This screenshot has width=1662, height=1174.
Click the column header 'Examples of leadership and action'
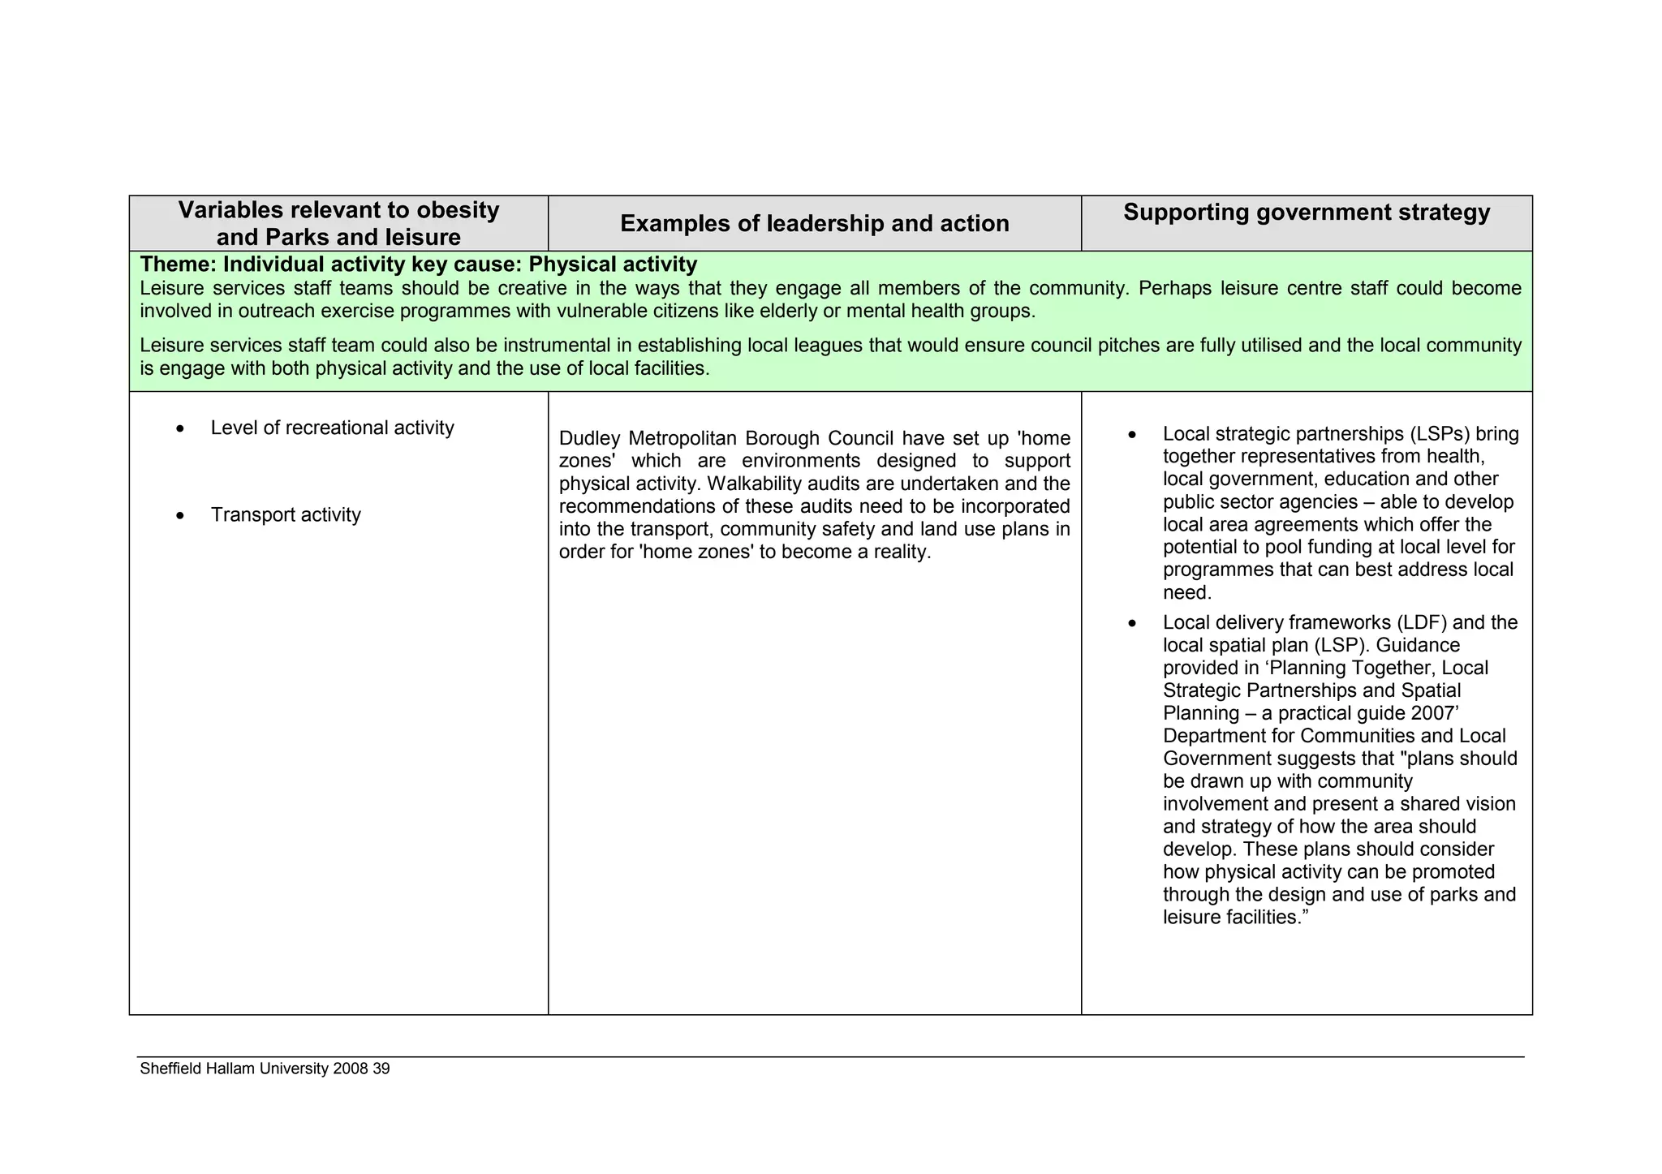pyautogui.click(x=814, y=224)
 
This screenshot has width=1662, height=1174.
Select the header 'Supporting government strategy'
pyautogui.click(x=1307, y=213)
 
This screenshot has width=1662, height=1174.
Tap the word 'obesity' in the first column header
pyautogui.click(x=458, y=210)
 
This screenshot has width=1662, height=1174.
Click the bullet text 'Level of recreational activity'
pyautogui.click(x=332, y=428)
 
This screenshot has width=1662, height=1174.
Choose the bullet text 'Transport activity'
pyautogui.click(x=286, y=514)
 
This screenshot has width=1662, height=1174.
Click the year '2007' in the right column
pyautogui.click(x=1432, y=713)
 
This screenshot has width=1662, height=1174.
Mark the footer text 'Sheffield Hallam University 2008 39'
pyautogui.click(x=265, y=1069)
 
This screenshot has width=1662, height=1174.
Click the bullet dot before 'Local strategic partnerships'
pyautogui.click(x=1133, y=436)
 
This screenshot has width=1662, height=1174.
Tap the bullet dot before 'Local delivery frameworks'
pyautogui.click(x=1133, y=624)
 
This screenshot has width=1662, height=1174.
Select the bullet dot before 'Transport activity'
pyautogui.click(x=180, y=516)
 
